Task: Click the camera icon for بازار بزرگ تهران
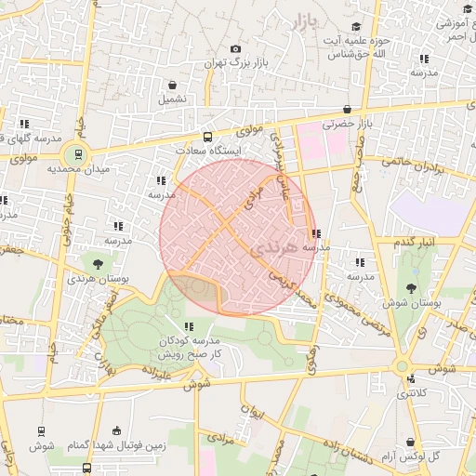[x=235, y=49]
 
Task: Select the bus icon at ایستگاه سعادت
[x=207, y=136]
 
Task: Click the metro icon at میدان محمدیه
[x=78, y=153]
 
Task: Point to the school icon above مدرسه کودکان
[x=189, y=326]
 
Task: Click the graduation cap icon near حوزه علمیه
[x=357, y=27]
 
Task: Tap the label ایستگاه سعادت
[x=208, y=150]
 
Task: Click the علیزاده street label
[x=155, y=373]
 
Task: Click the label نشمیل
[x=172, y=98]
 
